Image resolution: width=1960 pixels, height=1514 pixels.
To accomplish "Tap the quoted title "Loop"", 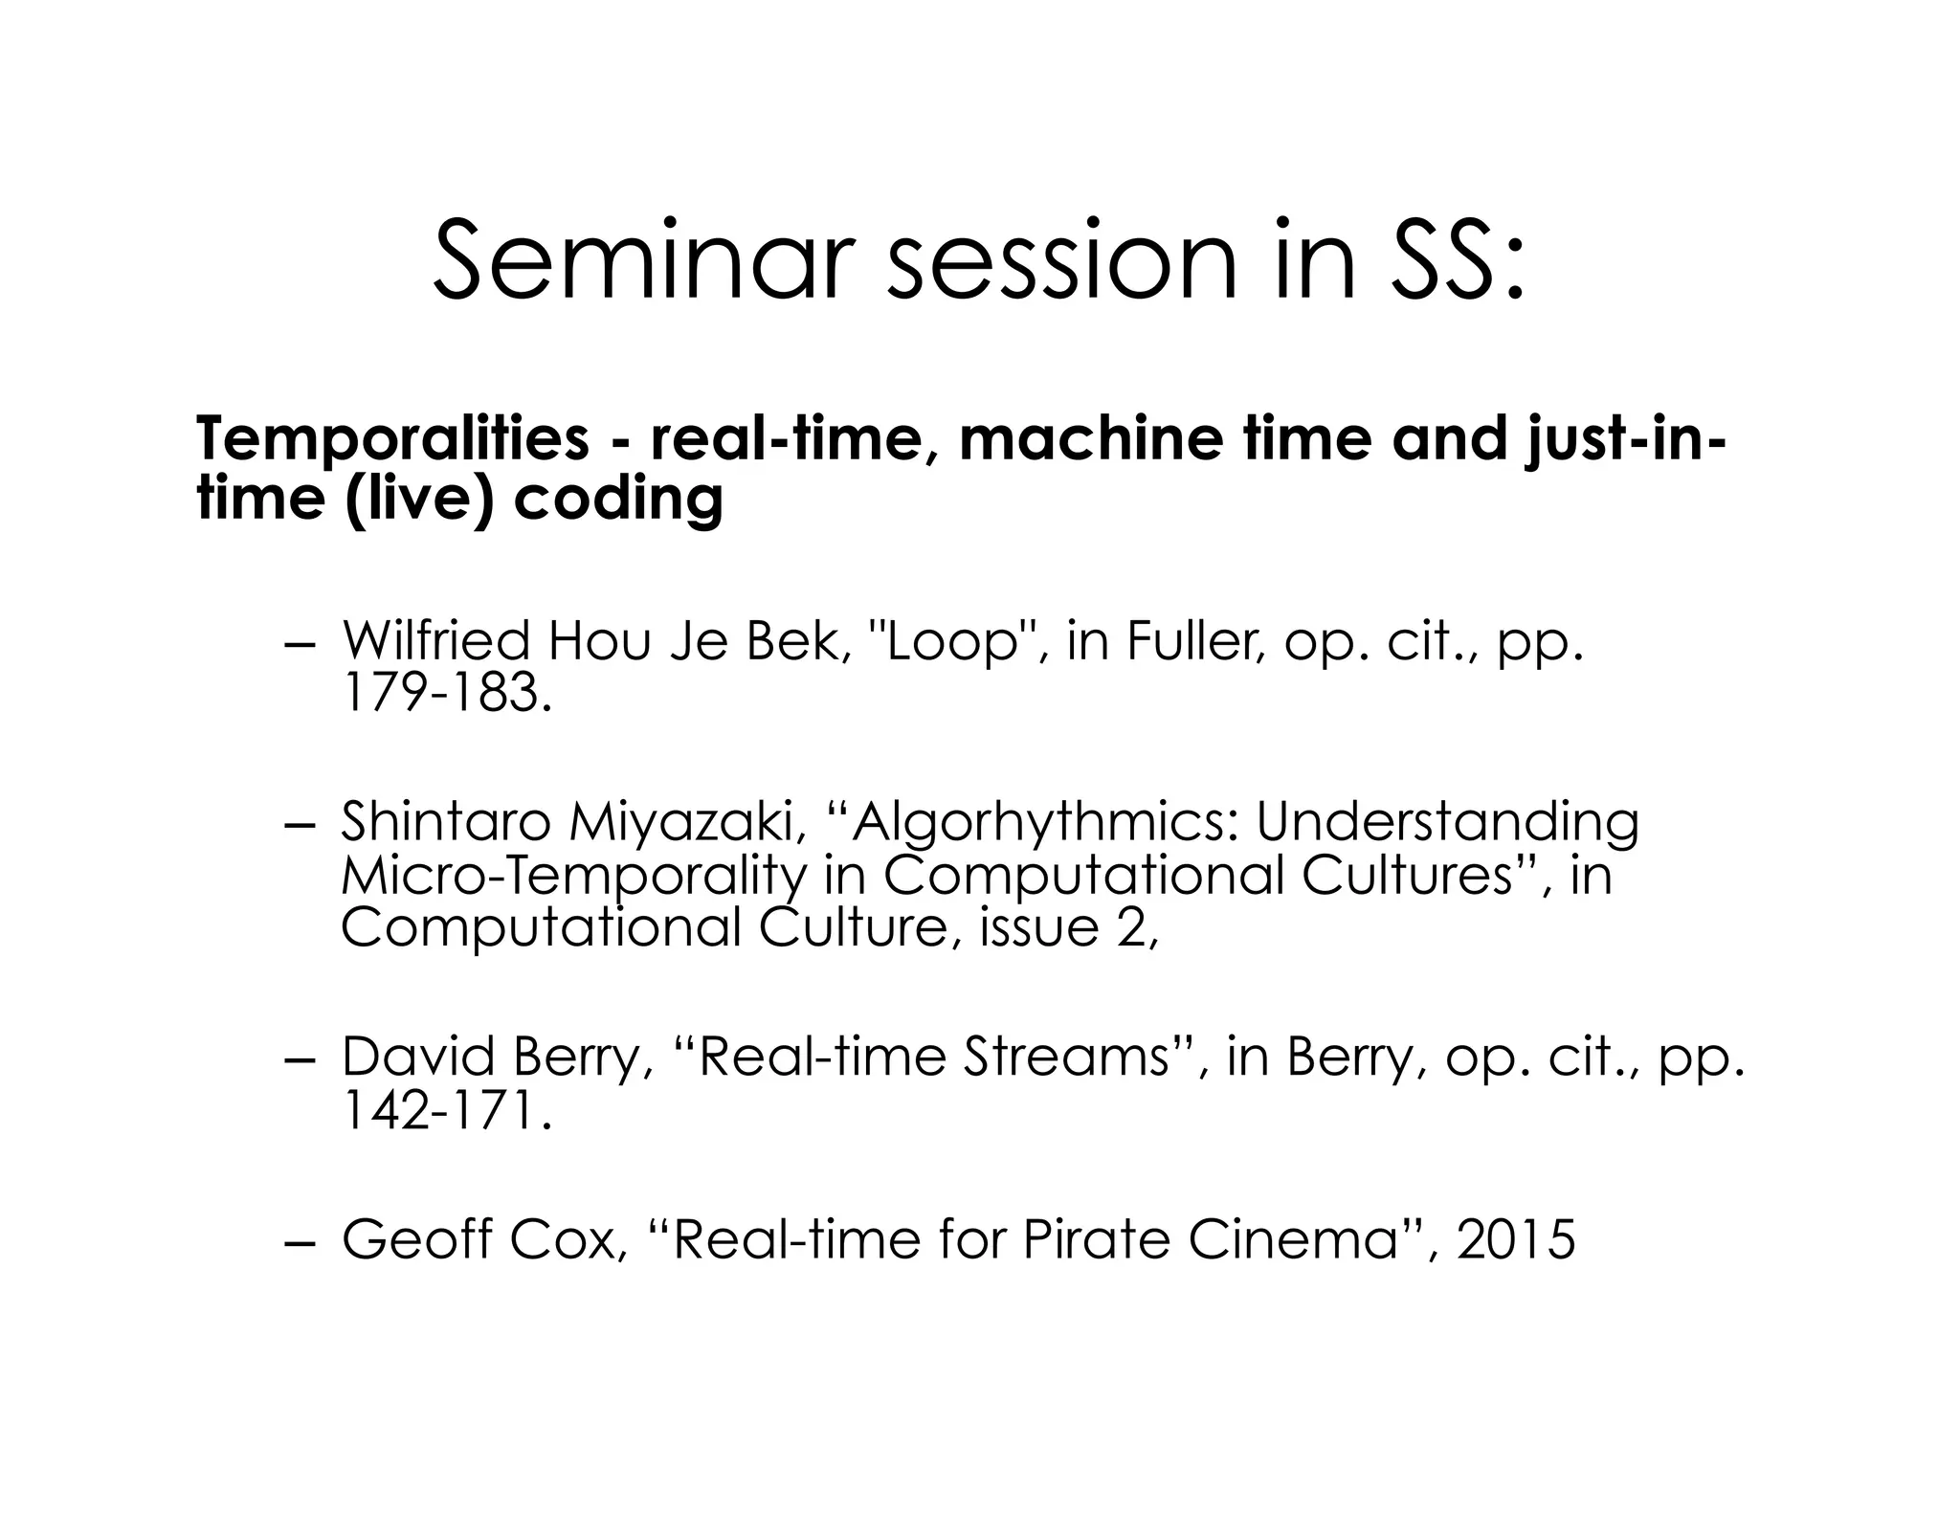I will pos(951,642).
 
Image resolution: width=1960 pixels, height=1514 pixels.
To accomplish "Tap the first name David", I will pos(419,1058).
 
